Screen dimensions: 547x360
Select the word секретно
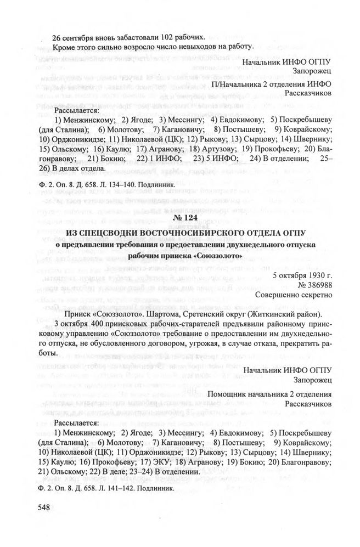(315, 295)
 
